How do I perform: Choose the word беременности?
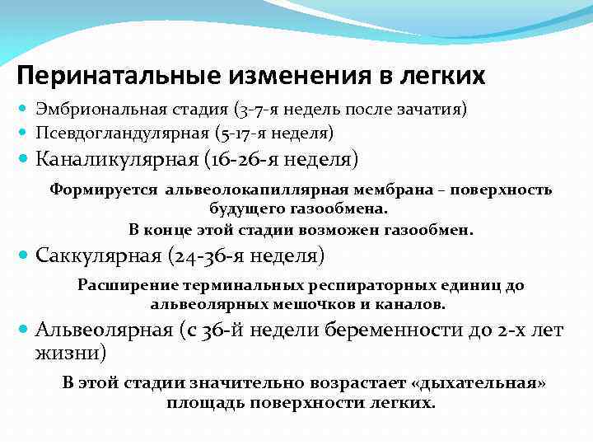(x=406, y=330)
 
